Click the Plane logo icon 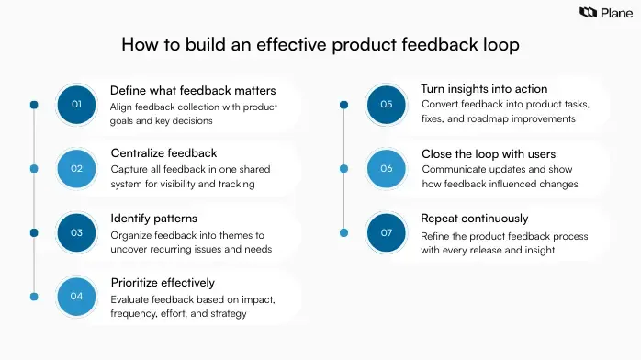pos(588,12)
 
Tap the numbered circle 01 pos(76,105)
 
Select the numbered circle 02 pos(76,168)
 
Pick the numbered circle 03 pos(76,232)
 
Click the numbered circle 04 pos(76,296)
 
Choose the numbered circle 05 pos(387,105)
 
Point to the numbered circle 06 pos(387,168)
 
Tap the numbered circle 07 pos(387,232)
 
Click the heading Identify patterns pos(154,218)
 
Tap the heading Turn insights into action pos(484,89)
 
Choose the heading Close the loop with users pos(489,153)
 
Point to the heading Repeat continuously pos(475,219)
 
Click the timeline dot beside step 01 pos(34,105)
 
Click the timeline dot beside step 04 pos(34,296)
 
